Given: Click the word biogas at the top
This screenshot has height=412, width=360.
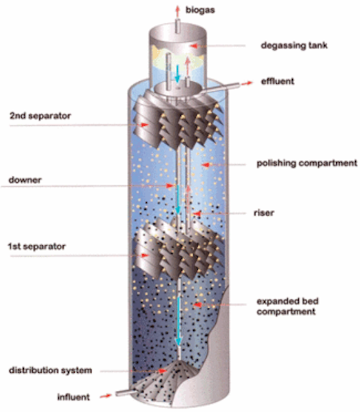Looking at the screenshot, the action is tap(200, 10).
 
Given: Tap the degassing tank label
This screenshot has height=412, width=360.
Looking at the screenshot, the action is tap(294, 46).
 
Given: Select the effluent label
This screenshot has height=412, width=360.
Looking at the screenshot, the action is tap(278, 81).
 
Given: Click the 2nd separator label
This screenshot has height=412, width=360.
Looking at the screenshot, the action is tap(40, 116).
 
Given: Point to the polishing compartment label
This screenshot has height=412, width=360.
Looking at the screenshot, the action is tap(307, 163).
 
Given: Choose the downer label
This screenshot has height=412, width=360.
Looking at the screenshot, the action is tap(25, 180).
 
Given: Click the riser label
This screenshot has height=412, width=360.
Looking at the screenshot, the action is tap(264, 212).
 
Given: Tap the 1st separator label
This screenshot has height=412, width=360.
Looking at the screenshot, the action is tap(37, 247).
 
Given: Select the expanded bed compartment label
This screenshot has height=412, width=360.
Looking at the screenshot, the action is tap(287, 306).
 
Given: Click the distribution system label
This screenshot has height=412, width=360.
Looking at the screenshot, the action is tap(50, 371).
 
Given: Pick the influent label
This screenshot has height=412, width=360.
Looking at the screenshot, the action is tap(73, 397).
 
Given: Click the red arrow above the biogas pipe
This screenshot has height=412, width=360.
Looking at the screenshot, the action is tap(178, 12).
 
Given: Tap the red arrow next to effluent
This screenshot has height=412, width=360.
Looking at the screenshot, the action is tap(247, 83).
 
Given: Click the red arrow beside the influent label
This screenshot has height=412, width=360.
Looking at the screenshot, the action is tap(106, 395).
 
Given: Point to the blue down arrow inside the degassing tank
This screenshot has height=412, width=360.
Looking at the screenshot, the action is tap(178, 73).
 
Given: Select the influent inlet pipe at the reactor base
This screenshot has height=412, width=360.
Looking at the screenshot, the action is tap(126, 393).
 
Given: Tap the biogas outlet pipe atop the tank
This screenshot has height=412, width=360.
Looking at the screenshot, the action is tap(178, 26).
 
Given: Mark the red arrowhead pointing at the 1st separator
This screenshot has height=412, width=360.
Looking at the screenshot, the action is tap(145, 255).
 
